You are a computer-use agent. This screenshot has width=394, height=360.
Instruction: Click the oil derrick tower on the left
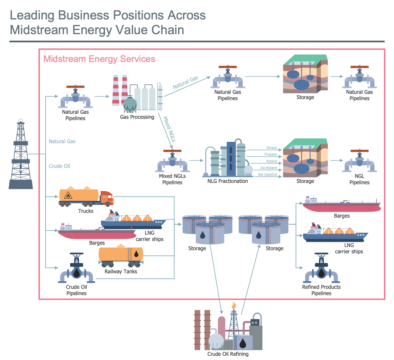[x=21, y=155]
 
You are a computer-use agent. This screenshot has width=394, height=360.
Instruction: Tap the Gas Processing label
[x=137, y=117]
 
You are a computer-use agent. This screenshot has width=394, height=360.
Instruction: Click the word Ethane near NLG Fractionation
[x=272, y=148]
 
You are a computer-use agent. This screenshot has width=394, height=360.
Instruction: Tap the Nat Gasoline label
[x=267, y=175]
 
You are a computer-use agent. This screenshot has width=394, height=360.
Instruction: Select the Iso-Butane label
[x=268, y=168]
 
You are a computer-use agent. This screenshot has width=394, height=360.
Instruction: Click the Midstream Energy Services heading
[x=99, y=59]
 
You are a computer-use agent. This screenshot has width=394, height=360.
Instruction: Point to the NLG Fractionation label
[x=227, y=181]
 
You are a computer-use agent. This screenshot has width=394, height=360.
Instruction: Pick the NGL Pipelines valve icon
[x=359, y=161]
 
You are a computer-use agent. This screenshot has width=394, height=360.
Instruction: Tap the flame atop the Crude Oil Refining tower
[x=234, y=305]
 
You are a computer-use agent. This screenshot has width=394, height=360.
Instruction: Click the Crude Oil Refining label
[x=228, y=354]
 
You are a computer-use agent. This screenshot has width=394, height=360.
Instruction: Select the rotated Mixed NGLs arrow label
[x=169, y=129]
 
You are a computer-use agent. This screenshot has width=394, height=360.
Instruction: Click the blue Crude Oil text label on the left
[x=59, y=166]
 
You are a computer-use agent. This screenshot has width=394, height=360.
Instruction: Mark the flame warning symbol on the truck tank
[x=68, y=195]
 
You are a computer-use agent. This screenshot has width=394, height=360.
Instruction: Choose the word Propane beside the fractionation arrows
[x=271, y=155]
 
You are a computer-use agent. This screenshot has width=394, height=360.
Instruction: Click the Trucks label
[x=86, y=211]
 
